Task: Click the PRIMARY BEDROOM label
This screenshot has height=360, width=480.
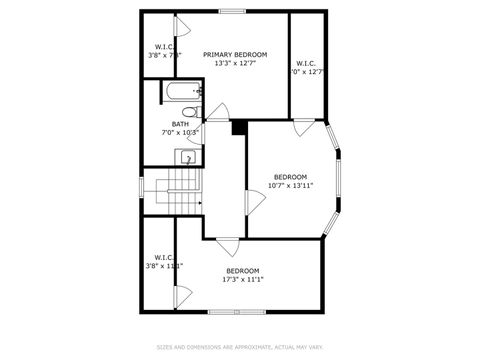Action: tap(235, 54)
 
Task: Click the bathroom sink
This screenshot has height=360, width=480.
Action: tap(186, 157)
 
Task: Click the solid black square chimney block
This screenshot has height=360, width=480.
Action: tap(239, 126)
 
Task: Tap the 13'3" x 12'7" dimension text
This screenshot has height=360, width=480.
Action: tap(235, 64)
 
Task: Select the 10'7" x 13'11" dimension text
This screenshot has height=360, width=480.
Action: tap(290, 185)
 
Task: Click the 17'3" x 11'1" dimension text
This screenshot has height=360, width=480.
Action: tap(242, 279)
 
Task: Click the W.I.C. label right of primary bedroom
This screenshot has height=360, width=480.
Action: tap(306, 64)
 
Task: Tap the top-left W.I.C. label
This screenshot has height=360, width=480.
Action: tap(165, 46)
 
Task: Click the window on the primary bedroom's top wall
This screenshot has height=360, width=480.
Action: tap(233, 12)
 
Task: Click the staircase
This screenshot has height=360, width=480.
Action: tap(183, 187)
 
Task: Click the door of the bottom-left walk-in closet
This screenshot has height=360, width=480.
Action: tap(181, 297)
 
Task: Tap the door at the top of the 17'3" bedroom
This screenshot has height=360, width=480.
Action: tap(229, 244)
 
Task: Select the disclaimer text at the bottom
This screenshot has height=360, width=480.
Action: tap(240, 348)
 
